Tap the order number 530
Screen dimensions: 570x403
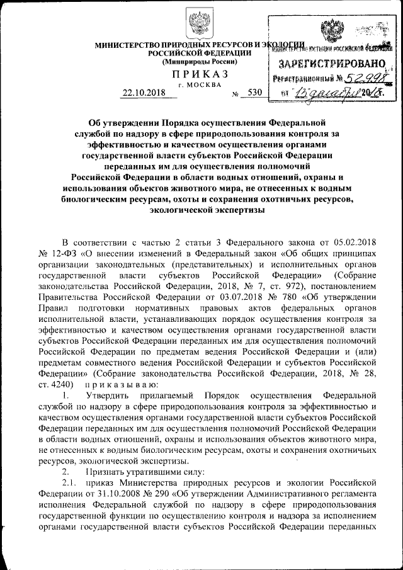pos(254,92)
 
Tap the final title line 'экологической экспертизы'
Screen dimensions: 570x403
pos(199,212)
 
